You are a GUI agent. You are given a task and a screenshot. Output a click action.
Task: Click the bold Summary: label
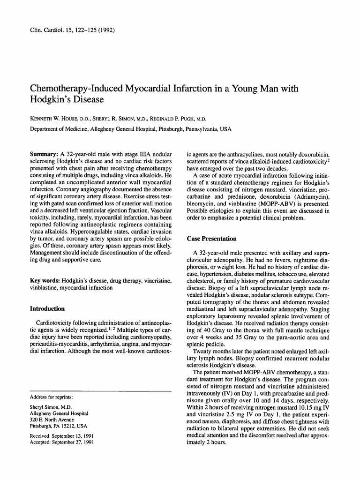[x=44, y=153]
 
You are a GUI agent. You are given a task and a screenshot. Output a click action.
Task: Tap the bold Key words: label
[x=46, y=281]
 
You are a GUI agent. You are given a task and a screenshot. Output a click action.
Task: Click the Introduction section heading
[x=47, y=309]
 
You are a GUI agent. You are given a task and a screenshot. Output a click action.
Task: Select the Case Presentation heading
[x=211, y=239]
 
